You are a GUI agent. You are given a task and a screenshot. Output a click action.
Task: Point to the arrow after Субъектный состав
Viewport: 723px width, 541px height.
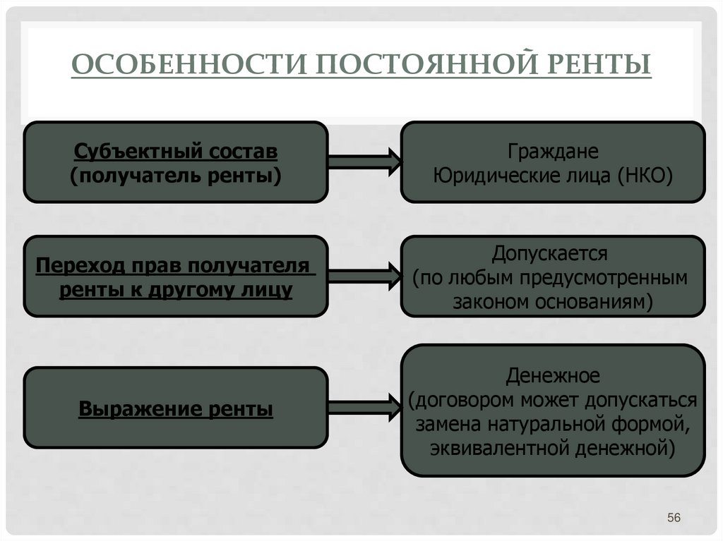364,162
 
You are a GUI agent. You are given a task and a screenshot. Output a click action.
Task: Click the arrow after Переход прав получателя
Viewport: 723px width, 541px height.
364,275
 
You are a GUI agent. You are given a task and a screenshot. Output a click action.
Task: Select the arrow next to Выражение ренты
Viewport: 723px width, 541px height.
364,408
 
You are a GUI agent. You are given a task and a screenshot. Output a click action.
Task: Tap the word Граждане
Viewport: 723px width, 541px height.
552,152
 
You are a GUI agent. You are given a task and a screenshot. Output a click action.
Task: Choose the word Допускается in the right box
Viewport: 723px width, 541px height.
552,253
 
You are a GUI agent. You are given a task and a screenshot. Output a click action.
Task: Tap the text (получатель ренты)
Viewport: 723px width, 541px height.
175,175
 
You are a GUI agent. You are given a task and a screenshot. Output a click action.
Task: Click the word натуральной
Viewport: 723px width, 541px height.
543,424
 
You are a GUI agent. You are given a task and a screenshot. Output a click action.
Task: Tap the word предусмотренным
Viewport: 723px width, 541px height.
604,277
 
